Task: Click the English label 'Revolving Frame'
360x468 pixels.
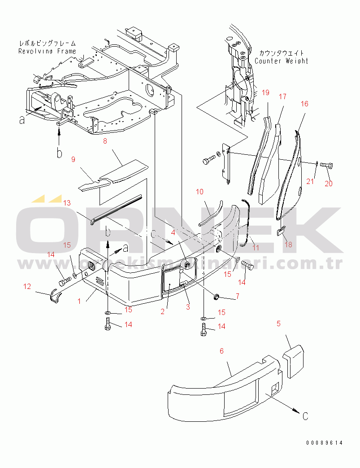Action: point(47,51)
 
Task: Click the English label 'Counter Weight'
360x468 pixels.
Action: point(282,61)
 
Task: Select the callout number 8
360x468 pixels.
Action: point(105,141)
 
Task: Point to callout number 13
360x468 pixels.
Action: point(67,203)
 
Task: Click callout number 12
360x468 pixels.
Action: point(27,286)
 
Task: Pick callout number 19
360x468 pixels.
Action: point(265,93)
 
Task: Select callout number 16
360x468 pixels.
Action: point(304,104)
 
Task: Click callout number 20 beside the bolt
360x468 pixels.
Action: point(329,184)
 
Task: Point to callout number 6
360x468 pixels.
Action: point(221,351)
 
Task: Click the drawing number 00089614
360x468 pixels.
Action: point(324,443)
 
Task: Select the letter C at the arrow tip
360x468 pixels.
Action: point(304,416)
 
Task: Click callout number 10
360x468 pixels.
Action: point(200,192)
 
